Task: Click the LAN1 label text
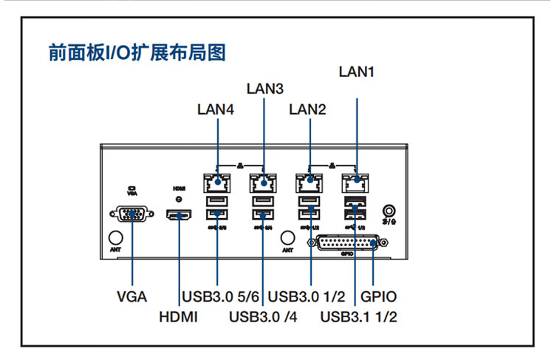(357, 72)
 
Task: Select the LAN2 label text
(307, 109)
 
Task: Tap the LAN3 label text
(265, 89)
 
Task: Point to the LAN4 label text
(216, 109)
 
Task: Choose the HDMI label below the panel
(179, 319)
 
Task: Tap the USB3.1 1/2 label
(360, 319)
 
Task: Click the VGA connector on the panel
(132, 214)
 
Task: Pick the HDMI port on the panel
(179, 215)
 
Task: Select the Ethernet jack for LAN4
(216, 180)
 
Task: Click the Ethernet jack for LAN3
(262, 180)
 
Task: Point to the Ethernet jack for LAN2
(310, 180)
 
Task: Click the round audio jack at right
(389, 211)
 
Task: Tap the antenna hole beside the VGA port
(115, 237)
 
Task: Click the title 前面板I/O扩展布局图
(136, 53)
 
